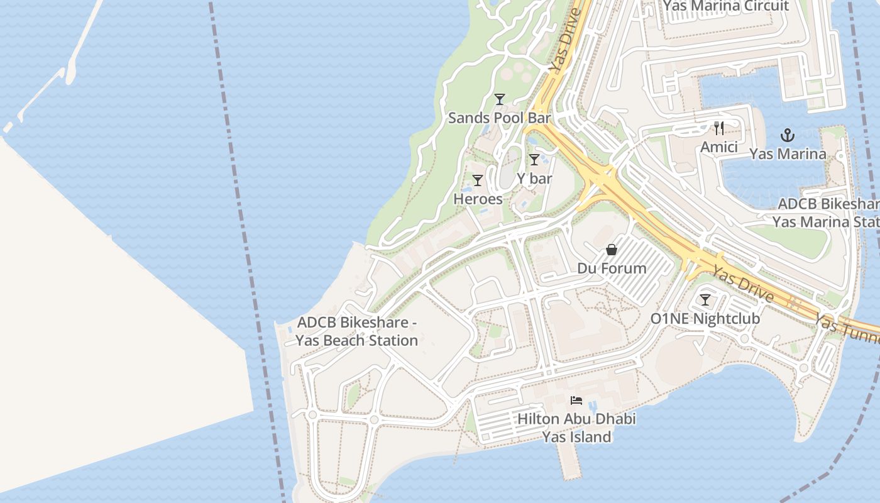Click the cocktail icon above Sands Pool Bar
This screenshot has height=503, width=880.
click(x=500, y=99)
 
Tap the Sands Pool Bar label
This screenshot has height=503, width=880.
click(x=499, y=118)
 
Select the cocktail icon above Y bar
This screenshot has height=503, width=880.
click(x=534, y=160)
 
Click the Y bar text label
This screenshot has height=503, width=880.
click(x=534, y=179)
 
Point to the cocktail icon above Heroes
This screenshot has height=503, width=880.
click(x=478, y=180)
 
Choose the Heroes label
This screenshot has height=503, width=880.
click(x=478, y=199)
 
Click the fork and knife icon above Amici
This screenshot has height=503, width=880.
click(x=719, y=129)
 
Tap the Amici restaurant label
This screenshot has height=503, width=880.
click(x=719, y=147)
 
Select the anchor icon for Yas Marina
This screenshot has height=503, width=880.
click(x=788, y=135)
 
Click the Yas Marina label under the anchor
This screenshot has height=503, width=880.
click(x=788, y=154)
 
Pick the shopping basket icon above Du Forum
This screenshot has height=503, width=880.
click(x=612, y=250)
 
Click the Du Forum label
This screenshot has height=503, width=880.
click(x=612, y=268)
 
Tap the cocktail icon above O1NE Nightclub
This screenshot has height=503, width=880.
click(x=705, y=300)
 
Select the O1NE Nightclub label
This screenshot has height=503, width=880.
click(x=705, y=319)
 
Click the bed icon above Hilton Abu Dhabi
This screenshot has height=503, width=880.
click(x=576, y=401)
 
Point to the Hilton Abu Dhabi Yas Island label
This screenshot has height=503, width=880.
click(x=576, y=428)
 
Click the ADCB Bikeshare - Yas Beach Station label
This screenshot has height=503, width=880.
click(x=357, y=331)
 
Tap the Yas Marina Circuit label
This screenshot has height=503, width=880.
click(x=726, y=6)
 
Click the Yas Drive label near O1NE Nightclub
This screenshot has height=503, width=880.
click(x=742, y=284)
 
